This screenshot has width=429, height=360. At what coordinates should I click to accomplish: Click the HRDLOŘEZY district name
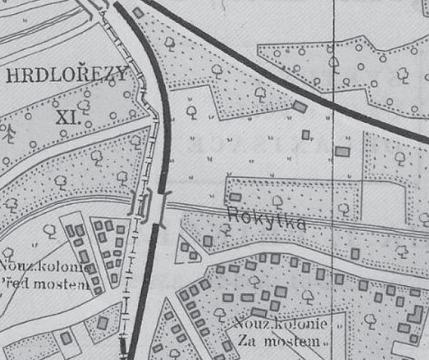pos(66,75)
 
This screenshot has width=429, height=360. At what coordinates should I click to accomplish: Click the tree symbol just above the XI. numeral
pos(84,105)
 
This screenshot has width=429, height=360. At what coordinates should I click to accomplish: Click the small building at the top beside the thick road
pos(138,13)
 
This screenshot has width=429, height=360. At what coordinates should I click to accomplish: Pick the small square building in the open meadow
pos(306,134)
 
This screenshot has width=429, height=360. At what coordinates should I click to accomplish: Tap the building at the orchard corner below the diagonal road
pos(299,106)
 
